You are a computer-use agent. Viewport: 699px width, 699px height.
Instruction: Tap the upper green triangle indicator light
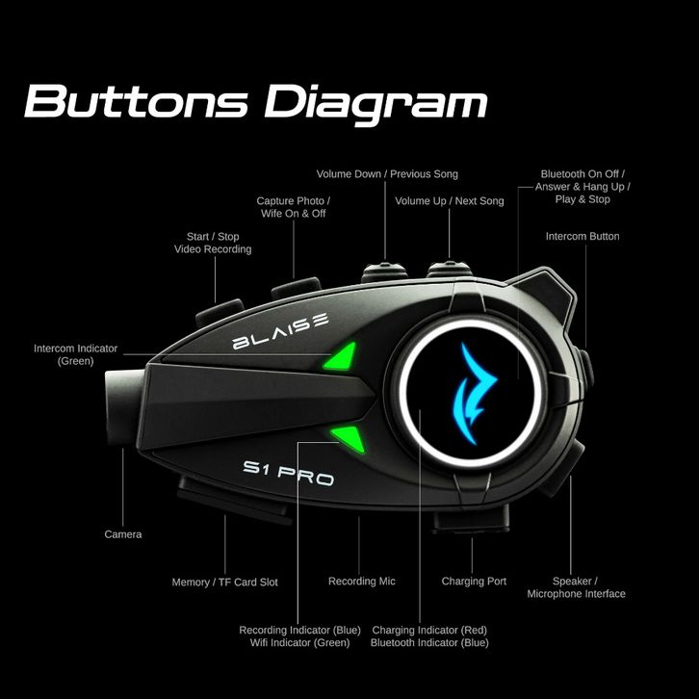[340, 358]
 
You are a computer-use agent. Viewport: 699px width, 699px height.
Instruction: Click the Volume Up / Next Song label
[449, 201]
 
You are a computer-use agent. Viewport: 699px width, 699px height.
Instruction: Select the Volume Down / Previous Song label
[387, 174]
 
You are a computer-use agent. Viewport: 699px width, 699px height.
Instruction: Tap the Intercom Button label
[582, 236]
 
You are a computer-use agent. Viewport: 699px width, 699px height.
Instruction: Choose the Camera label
[123, 534]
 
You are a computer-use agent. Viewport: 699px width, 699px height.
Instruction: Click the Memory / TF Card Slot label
[224, 582]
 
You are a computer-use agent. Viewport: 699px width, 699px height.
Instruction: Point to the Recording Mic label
[361, 582]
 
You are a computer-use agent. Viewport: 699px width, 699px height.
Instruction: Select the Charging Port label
[474, 582]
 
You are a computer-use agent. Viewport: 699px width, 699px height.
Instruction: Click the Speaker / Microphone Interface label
[576, 587]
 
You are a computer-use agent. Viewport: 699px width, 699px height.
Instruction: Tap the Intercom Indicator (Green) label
[76, 354]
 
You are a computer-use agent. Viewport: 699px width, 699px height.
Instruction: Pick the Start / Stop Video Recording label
[213, 243]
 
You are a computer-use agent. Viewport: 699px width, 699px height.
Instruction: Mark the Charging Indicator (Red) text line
[429, 630]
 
